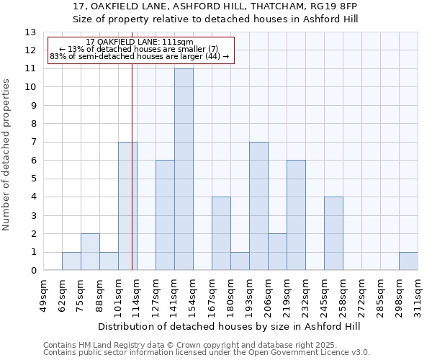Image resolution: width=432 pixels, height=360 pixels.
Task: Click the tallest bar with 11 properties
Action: point(184,169)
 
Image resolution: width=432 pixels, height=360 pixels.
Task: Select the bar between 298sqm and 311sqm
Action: point(408,261)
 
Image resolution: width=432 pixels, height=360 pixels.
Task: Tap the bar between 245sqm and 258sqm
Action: point(333,233)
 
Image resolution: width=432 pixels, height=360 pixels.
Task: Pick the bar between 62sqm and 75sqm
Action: point(71,261)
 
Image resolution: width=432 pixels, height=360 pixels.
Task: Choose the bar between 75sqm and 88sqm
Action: point(90,252)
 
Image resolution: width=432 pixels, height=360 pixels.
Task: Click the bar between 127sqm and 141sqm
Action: point(165,215)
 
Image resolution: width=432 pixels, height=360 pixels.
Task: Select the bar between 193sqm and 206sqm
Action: point(258,206)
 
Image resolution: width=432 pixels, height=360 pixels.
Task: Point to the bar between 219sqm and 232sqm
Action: point(296,215)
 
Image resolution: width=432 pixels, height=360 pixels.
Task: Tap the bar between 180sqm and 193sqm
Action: point(240,261)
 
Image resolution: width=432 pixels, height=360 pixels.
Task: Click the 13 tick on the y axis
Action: point(30,32)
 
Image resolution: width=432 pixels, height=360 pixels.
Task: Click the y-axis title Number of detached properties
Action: point(7,155)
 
